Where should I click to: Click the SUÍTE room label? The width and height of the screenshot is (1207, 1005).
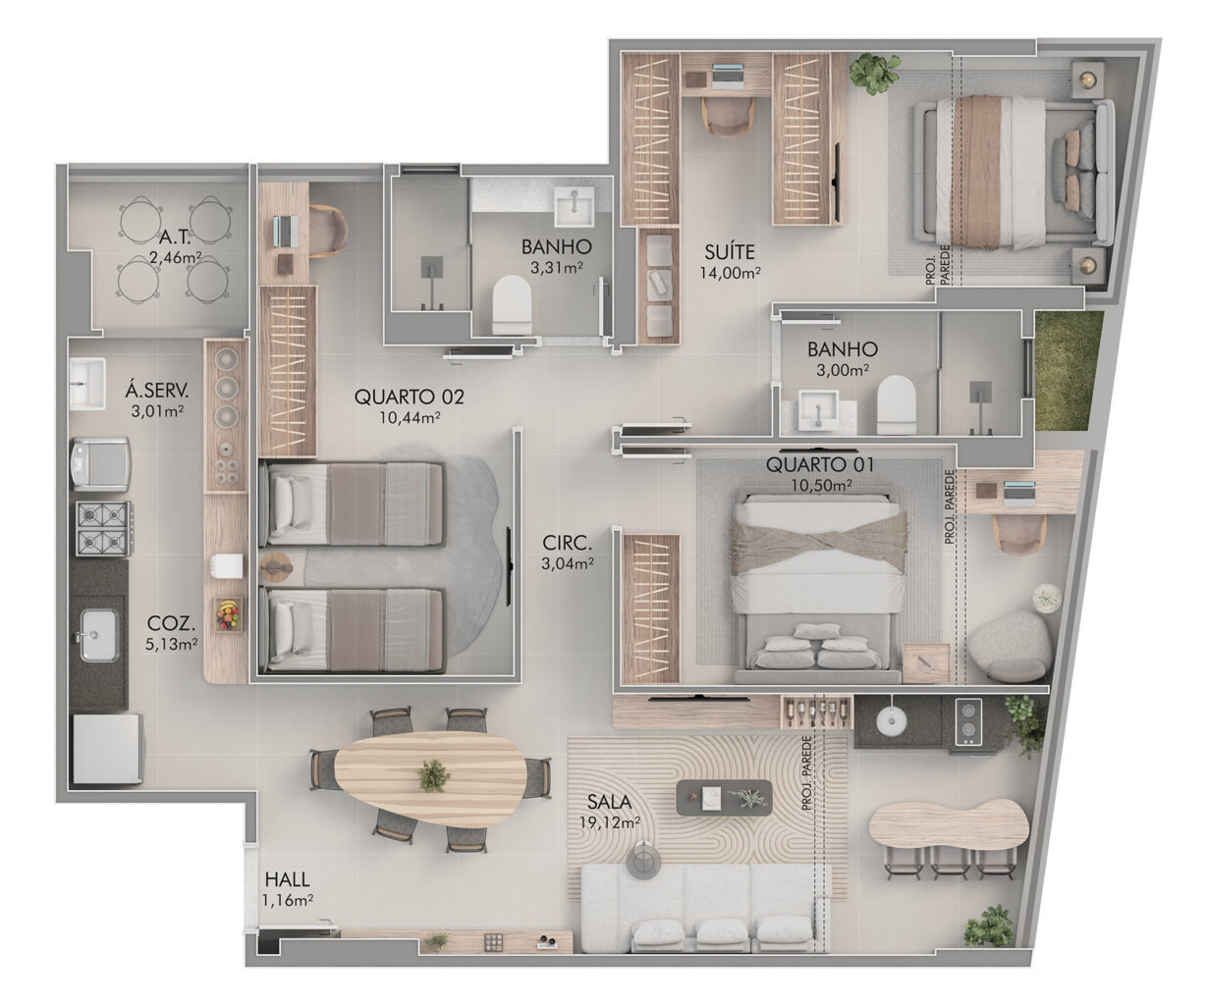[x=730, y=252]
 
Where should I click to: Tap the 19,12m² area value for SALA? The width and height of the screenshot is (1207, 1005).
[x=609, y=822]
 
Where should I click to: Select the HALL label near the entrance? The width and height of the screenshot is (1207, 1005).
[x=288, y=879]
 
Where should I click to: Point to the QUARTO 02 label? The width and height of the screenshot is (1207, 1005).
[x=409, y=397]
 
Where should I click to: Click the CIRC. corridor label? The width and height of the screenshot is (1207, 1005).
[x=567, y=543]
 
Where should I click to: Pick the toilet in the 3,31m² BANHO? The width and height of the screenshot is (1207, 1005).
[x=512, y=305]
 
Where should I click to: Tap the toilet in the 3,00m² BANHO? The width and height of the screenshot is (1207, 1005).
[x=897, y=404]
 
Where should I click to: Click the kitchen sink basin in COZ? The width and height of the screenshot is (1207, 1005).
[x=99, y=635]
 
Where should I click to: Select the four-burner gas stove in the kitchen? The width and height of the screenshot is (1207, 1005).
[x=103, y=528]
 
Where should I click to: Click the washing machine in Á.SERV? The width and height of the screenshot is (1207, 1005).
[x=100, y=464]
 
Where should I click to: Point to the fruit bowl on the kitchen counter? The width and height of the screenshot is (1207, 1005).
[x=228, y=615]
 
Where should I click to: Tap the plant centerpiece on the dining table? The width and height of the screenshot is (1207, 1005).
[x=432, y=775]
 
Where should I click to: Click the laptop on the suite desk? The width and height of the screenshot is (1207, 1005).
[x=728, y=77]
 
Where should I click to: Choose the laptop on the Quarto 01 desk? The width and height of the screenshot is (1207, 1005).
[x=1019, y=493]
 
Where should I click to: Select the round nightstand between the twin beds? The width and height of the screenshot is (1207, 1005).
[x=276, y=565]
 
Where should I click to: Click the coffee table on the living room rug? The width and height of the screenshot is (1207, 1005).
[x=724, y=798]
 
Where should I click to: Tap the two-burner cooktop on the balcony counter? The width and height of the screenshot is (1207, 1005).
[x=968, y=721]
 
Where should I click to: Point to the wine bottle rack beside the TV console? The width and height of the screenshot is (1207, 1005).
[x=816, y=713]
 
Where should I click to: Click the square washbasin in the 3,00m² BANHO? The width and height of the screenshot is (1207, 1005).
[x=818, y=410]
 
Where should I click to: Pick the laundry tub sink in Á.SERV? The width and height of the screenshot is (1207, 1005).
[x=87, y=383]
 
